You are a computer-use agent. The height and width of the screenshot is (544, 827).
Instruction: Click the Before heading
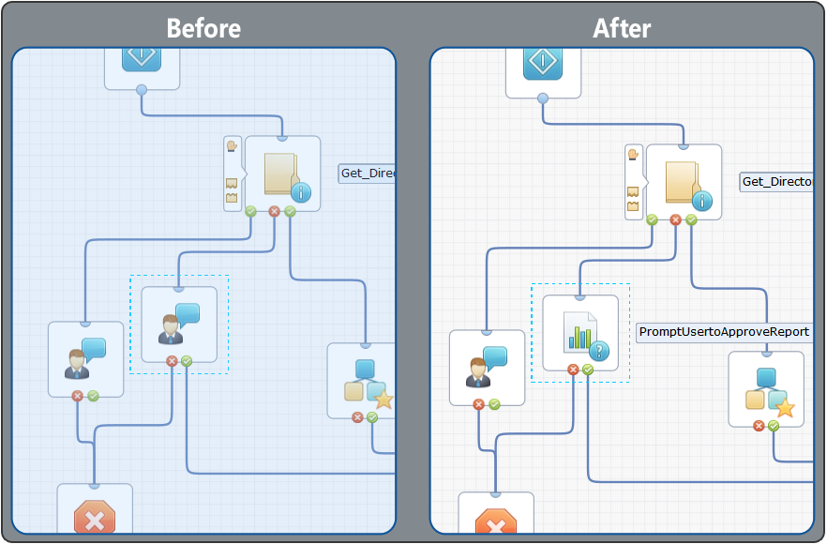point(203,28)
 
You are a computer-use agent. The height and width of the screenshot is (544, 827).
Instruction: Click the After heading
point(622,28)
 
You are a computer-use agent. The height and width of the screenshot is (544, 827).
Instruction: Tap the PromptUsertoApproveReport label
point(724,332)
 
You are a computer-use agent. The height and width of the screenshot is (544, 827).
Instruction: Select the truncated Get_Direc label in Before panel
point(367,174)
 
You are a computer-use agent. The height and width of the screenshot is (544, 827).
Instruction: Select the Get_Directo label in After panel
point(775,182)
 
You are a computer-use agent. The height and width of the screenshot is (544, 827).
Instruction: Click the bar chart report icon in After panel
point(581,333)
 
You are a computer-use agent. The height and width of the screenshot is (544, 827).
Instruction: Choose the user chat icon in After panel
point(487,368)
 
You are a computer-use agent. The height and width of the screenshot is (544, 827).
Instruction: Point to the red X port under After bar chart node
point(573,370)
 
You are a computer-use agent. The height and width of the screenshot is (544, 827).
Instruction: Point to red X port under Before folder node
point(274,212)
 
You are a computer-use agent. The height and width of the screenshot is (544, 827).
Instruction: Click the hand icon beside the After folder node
point(634,155)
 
